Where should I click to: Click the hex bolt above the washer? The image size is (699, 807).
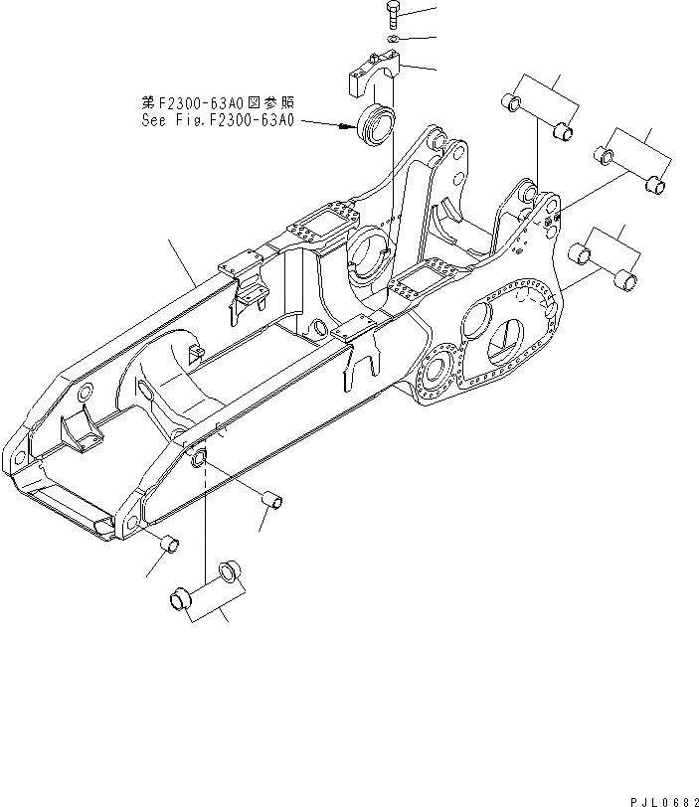tap(391, 15)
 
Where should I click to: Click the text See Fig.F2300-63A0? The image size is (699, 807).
tap(218, 124)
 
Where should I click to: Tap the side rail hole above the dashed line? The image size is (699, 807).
tap(197, 459)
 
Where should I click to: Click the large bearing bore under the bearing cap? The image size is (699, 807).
tap(372, 253)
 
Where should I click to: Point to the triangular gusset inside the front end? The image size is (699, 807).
tap(80, 428)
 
